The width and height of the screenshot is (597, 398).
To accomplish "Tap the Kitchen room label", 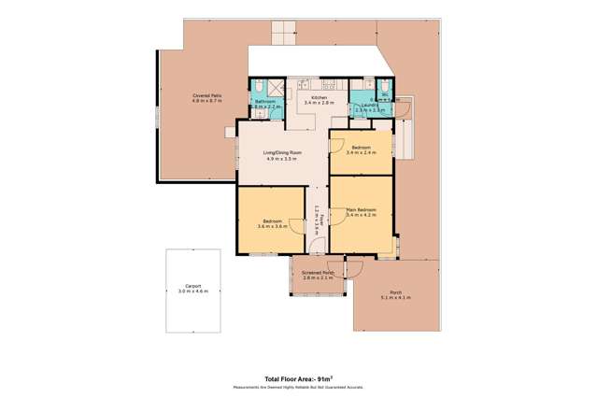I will [x=320, y=97].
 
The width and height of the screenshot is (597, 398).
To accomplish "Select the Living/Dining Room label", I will [x=282, y=152].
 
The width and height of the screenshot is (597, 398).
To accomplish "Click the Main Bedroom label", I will [x=361, y=209].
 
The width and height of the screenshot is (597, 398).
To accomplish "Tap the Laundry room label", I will [x=365, y=106].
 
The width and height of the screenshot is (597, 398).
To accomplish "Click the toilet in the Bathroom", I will [x=259, y=87].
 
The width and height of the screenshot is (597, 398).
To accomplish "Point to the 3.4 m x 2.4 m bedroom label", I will [x=361, y=152].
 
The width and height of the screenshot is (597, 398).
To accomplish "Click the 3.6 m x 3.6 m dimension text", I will [x=271, y=226].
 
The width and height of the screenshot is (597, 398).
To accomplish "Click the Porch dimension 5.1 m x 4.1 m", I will [x=396, y=297].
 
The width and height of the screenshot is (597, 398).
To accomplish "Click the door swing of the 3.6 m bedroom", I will [x=297, y=227].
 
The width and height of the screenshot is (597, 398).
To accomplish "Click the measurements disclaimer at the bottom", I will [x=299, y=386].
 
